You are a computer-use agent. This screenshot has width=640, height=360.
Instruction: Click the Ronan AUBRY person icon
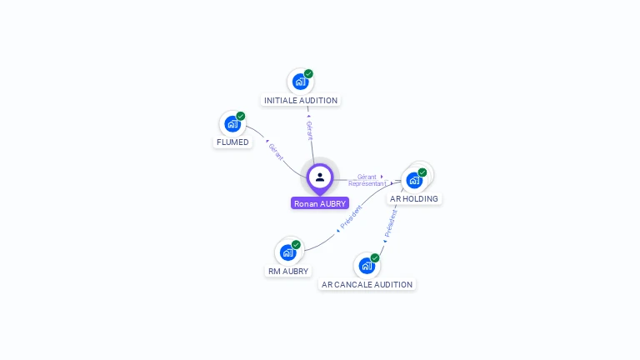coord(320,177)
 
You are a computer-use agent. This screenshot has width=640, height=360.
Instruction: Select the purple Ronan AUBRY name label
coord(320,203)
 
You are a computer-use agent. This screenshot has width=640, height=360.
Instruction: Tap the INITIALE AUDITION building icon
coord(299,82)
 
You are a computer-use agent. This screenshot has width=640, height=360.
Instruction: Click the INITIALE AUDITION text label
coord(301,101)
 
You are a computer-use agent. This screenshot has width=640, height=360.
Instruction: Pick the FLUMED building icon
coord(232,124)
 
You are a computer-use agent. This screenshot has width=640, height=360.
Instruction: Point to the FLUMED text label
coord(232,142)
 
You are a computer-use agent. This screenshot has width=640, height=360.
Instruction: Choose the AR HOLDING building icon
coord(413,180)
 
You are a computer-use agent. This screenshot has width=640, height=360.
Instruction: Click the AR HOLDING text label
coord(414,199)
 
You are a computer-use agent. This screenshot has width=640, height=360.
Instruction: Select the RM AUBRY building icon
coord(287,252)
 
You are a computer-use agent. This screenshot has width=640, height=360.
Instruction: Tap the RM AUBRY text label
coord(288,272)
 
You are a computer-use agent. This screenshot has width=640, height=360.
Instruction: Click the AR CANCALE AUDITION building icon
coord(366,266)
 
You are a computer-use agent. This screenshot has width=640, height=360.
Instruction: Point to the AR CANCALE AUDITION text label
coord(367,285)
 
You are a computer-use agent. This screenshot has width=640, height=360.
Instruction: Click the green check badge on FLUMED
coord(241,117)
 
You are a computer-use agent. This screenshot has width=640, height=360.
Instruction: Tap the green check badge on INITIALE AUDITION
coord(308,74)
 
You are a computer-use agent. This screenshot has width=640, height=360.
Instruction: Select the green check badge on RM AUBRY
coord(296,245)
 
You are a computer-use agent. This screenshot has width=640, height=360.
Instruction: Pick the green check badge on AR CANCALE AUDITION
coord(375,258)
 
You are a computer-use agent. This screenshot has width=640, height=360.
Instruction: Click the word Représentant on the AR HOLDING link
coord(367,183)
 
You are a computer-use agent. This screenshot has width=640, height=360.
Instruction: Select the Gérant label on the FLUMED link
coord(276,152)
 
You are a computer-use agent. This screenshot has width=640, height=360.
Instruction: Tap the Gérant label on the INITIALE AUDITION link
coord(309,130)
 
